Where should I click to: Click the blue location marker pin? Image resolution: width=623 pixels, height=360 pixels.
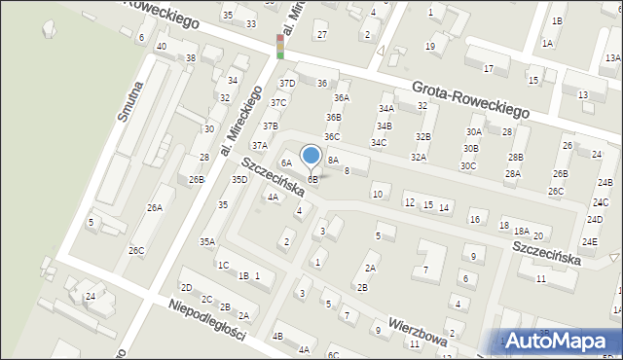(x=311, y=157)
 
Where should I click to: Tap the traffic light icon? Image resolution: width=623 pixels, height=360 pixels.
(x=280, y=46)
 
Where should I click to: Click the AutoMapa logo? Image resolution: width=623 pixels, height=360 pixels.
(x=559, y=341)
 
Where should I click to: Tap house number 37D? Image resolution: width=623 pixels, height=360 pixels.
(x=287, y=84)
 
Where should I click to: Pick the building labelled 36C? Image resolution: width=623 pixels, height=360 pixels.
(x=332, y=137)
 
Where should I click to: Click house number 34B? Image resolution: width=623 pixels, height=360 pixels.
(x=384, y=126)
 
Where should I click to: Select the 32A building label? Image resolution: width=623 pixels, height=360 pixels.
(x=419, y=157)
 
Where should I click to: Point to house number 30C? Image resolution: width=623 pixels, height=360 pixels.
(x=469, y=165)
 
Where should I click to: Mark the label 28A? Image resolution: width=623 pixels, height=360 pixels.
(x=512, y=174)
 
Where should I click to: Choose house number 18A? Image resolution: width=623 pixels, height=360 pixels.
(x=522, y=232)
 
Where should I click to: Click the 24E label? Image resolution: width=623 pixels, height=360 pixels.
(x=590, y=240)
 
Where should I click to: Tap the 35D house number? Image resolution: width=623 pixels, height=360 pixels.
(x=239, y=180)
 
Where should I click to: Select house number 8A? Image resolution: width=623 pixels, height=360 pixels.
(x=333, y=159)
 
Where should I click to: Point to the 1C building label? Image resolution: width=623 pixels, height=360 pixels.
(x=223, y=265)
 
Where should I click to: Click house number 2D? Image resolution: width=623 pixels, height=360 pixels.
(x=186, y=287)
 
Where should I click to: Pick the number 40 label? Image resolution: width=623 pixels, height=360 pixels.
(x=162, y=47)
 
